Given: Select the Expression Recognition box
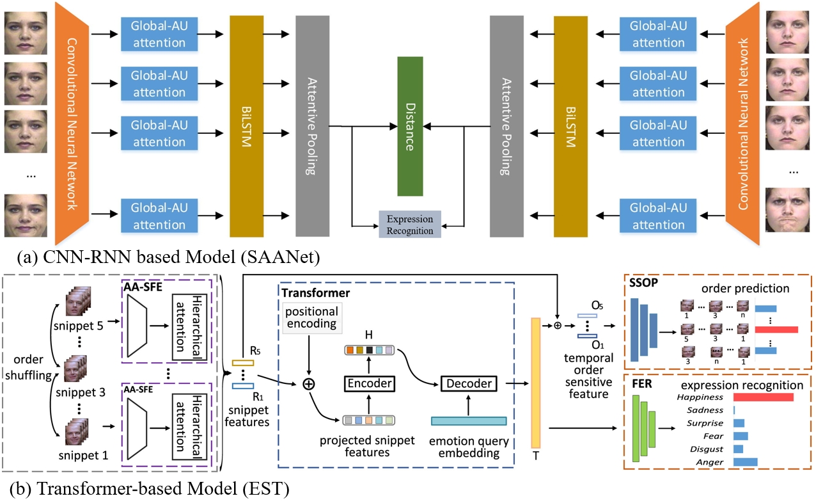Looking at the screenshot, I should (x=410, y=225).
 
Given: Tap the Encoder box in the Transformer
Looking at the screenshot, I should (x=368, y=383).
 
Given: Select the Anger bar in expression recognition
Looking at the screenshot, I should (x=745, y=462).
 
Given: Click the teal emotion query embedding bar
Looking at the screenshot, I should (x=469, y=421).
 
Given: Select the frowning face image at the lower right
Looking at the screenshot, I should (x=789, y=209).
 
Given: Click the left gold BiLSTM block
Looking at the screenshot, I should (x=246, y=126).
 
